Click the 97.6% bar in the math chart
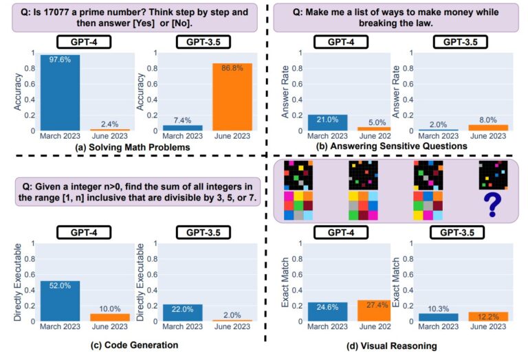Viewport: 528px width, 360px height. tap(60, 93)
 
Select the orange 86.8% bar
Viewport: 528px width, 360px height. tap(232, 97)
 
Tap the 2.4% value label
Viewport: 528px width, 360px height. tap(110, 124)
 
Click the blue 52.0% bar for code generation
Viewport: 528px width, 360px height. tap(60, 301)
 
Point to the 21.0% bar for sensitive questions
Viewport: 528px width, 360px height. tap(328, 123)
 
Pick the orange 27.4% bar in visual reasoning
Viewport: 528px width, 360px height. tap(374, 311)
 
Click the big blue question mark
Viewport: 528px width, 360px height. tap(493, 205)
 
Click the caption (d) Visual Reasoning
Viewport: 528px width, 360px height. tap(392, 346)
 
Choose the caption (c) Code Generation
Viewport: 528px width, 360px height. tap(134, 345)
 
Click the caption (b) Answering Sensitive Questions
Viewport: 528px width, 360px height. tap(392, 146)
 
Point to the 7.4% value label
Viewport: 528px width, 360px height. tap(182, 120)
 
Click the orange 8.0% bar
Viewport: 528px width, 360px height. tap(488, 128)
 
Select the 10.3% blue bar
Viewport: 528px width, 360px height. tap(439, 317)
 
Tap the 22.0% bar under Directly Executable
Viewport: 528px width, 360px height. tap(182, 313)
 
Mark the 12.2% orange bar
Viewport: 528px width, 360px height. tap(488, 317)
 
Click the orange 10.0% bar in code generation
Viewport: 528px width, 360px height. tap(110, 317)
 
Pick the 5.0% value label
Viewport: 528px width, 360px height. tap(377, 122)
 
